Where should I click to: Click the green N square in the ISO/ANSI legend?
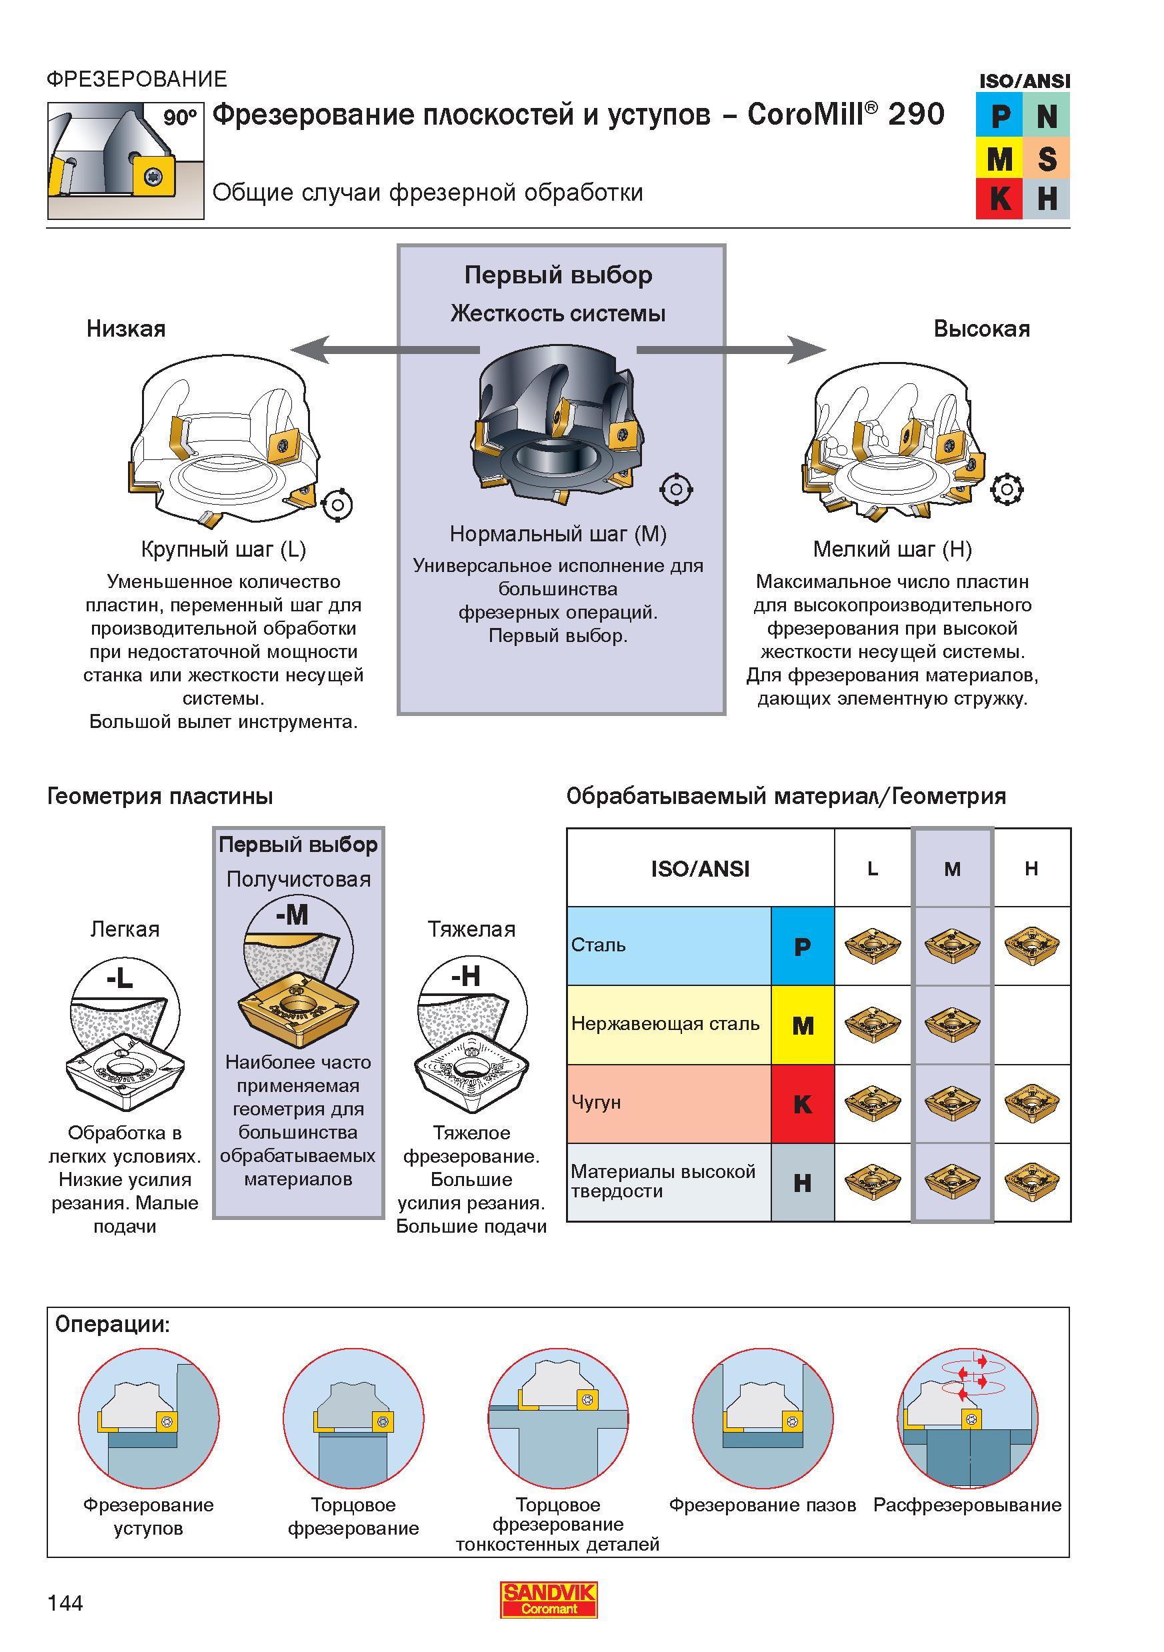pyautogui.click(x=1047, y=115)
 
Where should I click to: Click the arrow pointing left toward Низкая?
pyautogui.click(x=384, y=351)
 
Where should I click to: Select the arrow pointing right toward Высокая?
pyautogui.click(x=731, y=351)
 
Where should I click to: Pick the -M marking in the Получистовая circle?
pyautogui.click(x=292, y=915)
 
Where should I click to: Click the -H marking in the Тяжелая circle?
pyautogui.click(x=465, y=977)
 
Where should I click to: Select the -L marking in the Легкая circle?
pyautogui.click(x=119, y=978)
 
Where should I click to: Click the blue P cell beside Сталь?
pyautogui.click(x=803, y=946)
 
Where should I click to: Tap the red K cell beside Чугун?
pyautogui.click(x=803, y=1104)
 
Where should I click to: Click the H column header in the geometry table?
pyautogui.click(x=1031, y=869)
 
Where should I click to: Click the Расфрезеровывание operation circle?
pyautogui.click(x=967, y=1419)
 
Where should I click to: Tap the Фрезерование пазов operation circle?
pyautogui.click(x=763, y=1419)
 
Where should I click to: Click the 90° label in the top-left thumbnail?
pyautogui.click(x=179, y=117)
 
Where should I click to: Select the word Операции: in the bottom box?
pyautogui.click(x=113, y=1325)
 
